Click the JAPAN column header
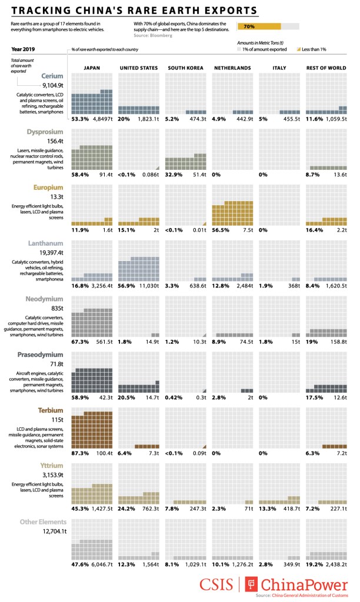(x=92, y=68)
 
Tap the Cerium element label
(x=53, y=76)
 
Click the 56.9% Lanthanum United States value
(x=127, y=287)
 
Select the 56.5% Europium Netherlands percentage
(x=221, y=231)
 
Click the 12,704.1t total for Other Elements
(x=51, y=531)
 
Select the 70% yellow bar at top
(x=259, y=26)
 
